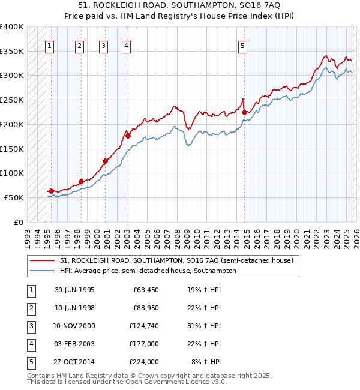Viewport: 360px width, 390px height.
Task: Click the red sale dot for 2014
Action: click(244, 112)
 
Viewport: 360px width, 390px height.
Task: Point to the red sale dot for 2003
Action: click(128, 136)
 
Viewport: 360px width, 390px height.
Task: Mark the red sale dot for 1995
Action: click(51, 191)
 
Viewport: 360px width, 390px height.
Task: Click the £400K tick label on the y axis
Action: click(11, 27)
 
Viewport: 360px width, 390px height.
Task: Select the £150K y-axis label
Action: click(11, 149)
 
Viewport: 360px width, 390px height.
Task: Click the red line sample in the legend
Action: click(42, 260)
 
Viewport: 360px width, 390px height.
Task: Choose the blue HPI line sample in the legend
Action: click(42, 271)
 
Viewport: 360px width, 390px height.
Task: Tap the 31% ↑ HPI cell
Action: click(204, 326)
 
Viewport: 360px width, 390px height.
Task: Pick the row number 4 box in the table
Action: click(29, 344)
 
